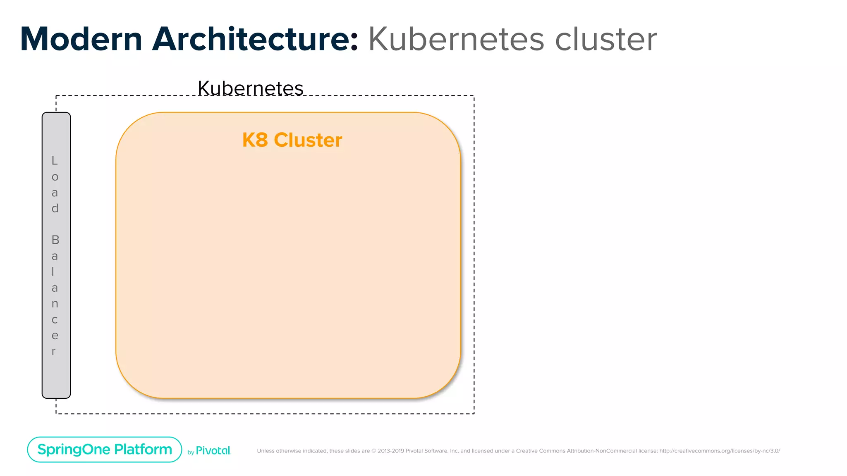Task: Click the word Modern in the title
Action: pyautogui.click(x=81, y=39)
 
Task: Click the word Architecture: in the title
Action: pyautogui.click(x=255, y=39)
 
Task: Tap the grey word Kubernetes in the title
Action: pyautogui.click(x=456, y=39)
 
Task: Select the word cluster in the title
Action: pyautogui.click(x=605, y=39)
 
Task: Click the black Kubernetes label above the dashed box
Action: pyautogui.click(x=251, y=88)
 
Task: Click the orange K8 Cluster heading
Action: pyautogui.click(x=292, y=140)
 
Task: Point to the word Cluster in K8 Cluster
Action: pyautogui.click(x=308, y=140)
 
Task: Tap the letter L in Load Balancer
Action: pyautogui.click(x=55, y=160)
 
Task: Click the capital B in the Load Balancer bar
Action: pyautogui.click(x=55, y=240)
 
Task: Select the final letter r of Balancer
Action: pyautogui.click(x=54, y=352)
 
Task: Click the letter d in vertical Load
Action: pyautogui.click(x=55, y=208)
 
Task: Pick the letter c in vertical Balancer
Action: pyautogui.click(x=55, y=320)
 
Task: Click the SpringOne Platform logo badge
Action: pyautogui.click(x=105, y=449)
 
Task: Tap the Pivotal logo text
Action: pyautogui.click(x=213, y=451)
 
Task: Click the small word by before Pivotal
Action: pyautogui.click(x=191, y=452)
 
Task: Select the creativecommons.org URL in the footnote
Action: pyautogui.click(x=720, y=451)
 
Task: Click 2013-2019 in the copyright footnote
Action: pyautogui.click(x=390, y=451)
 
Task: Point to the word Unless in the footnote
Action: pyautogui.click(x=266, y=451)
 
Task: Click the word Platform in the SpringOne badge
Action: pyautogui.click(x=143, y=449)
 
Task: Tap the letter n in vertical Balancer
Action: pyautogui.click(x=55, y=304)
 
